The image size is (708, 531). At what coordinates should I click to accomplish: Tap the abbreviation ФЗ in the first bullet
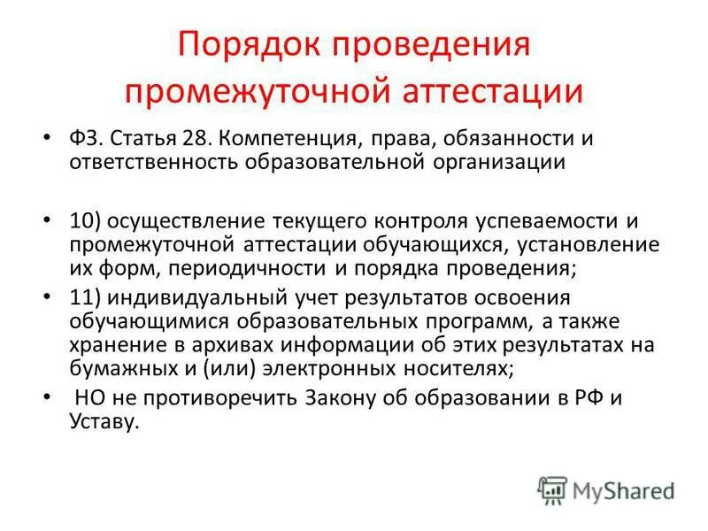pyautogui.click(x=86, y=139)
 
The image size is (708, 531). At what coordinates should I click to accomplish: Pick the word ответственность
pyautogui.click(x=150, y=162)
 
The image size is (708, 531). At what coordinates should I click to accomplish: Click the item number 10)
pyautogui.click(x=86, y=219)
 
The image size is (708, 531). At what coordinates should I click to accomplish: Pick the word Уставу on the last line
pyautogui.click(x=104, y=422)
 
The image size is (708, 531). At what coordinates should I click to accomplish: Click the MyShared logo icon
pyautogui.click(x=551, y=489)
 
